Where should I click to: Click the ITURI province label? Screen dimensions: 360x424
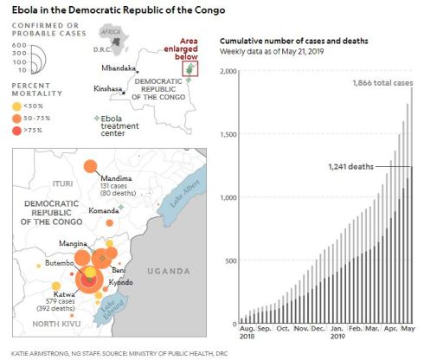pyautogui.click(x=39, y=183)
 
